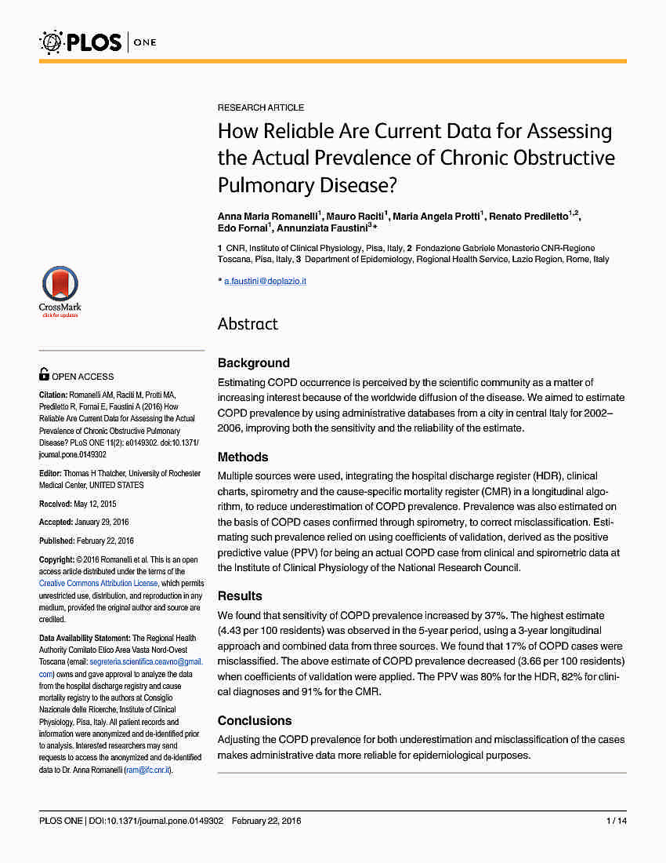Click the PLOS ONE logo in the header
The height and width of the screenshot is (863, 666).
pos(97,42)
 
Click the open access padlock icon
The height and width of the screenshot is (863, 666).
pos(44,375)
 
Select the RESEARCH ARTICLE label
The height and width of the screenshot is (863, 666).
pos(261,107)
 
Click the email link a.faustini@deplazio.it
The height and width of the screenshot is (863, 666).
pos(265,281)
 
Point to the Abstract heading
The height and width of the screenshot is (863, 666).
pos(248,324)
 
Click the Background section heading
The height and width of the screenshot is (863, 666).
pos(253,362)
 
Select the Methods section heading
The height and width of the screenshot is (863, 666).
pos(243,457)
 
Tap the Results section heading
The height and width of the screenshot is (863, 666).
pos(240,595)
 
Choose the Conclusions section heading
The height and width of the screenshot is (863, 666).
pos(255,720)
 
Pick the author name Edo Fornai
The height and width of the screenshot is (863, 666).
pos(242,228)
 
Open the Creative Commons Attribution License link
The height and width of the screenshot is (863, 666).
pos(100,584)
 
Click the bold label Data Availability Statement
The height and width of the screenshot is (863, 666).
pos(85,639)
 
